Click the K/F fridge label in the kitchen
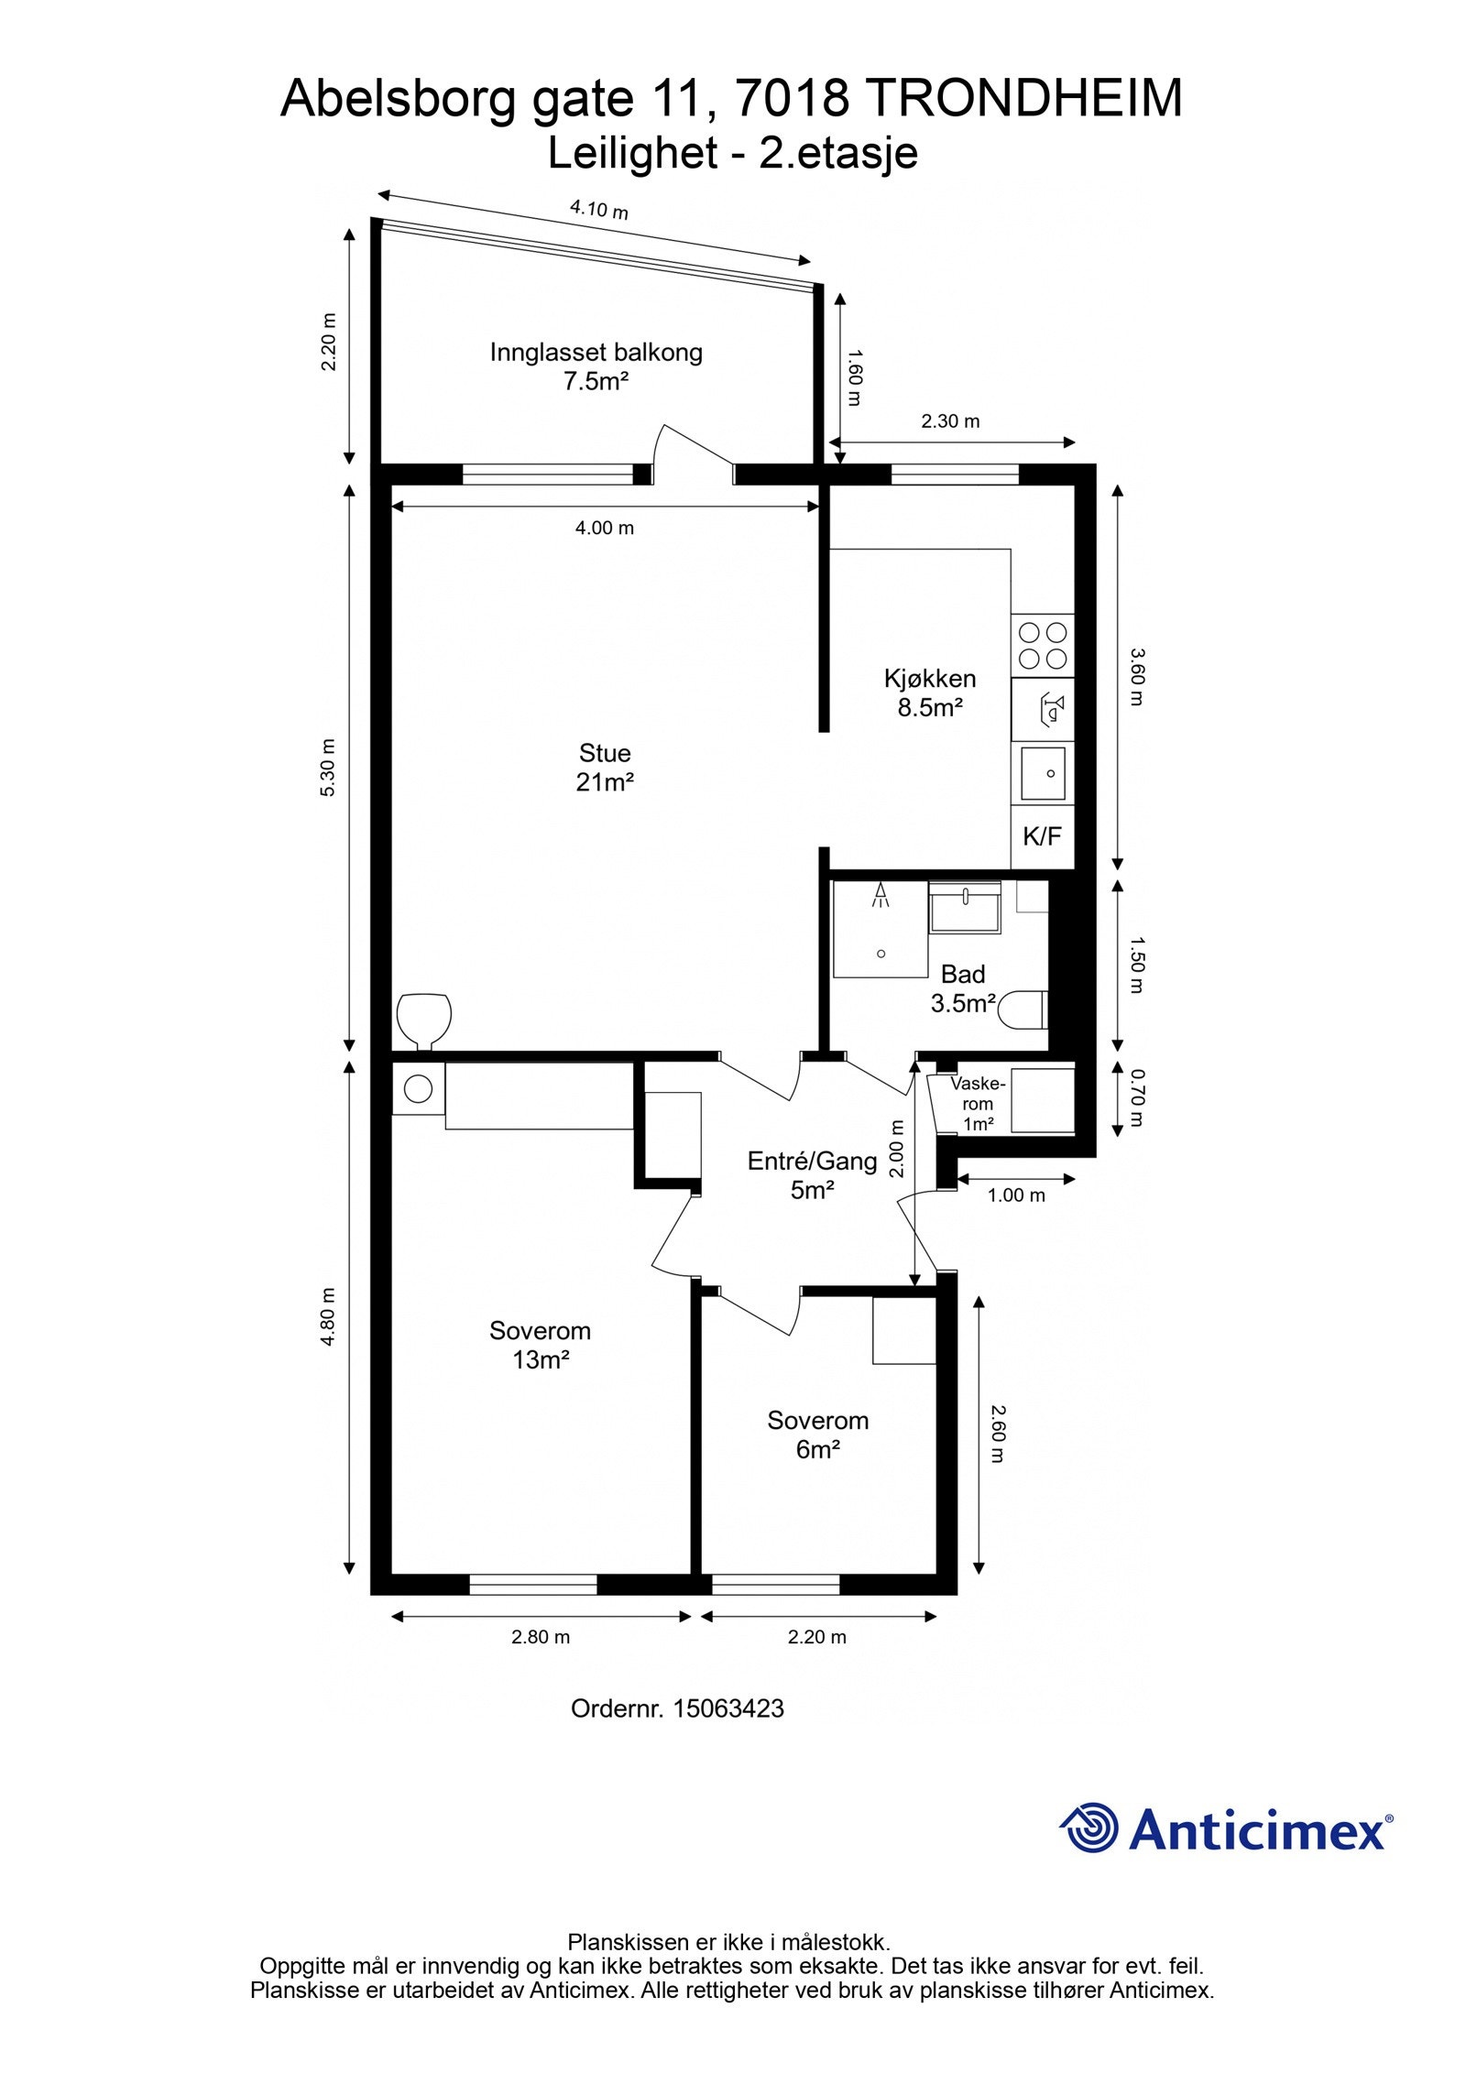point(1042,835)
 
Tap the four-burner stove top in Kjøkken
point(1043,645)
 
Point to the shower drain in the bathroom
point(881,954)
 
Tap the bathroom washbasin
point(965,908)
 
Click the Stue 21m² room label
point(605,767)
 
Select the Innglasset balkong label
point(596,352)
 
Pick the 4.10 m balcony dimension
point(599,210)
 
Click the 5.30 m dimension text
point(327,767)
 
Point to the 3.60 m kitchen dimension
point(1136,677)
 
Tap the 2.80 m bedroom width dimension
point(541,1637)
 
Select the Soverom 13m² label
point(540,1344)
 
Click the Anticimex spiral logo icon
point(1089,1828)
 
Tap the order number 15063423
point(728,1708)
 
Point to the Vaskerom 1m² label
point(978,1104)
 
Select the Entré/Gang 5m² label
point(812,1175)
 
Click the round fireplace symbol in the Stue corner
point(424,1020)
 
